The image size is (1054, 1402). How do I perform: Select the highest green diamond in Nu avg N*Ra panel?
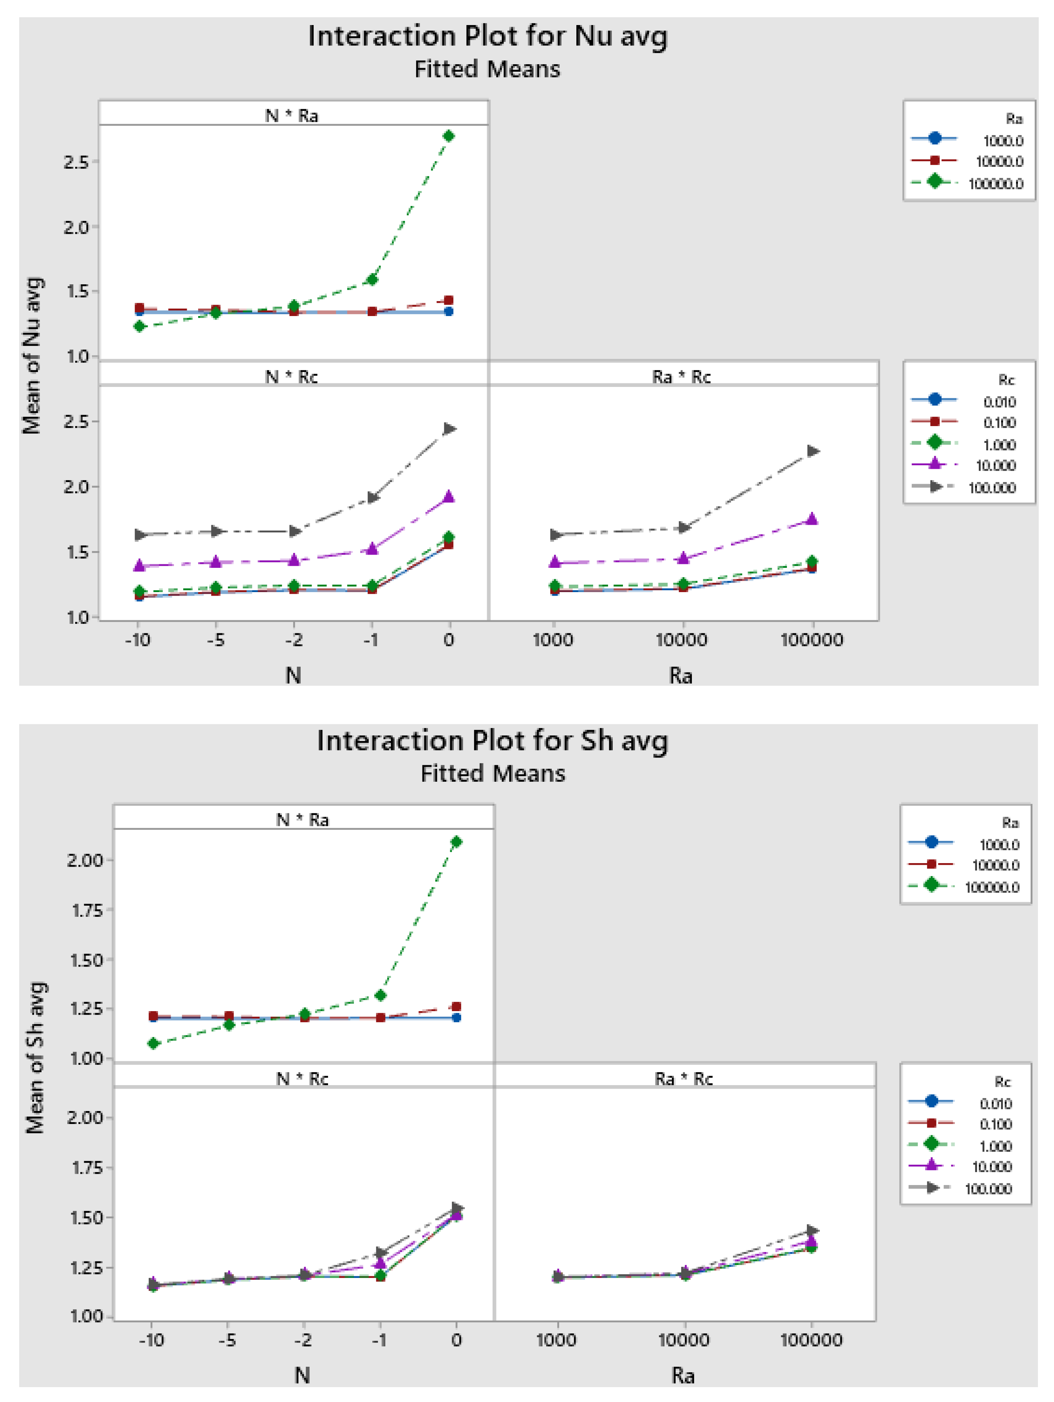[x=449, y=136]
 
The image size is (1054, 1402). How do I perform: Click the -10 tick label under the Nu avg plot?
[x=137, y=640]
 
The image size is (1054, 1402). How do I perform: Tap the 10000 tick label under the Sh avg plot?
[x=683, y=1340]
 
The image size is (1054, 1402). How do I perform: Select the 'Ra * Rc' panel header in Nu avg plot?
[x=681, y=376]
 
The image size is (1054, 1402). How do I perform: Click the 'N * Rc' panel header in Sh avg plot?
[x=302, y=1079]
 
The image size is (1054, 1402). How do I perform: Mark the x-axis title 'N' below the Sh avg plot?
[x=302, y=1375]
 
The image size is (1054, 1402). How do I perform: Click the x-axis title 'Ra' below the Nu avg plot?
[x=681, y=676]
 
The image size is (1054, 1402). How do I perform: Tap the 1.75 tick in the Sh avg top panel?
[x=86, y=910]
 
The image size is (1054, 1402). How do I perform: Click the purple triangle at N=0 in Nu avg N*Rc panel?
[x=449, y=496]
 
